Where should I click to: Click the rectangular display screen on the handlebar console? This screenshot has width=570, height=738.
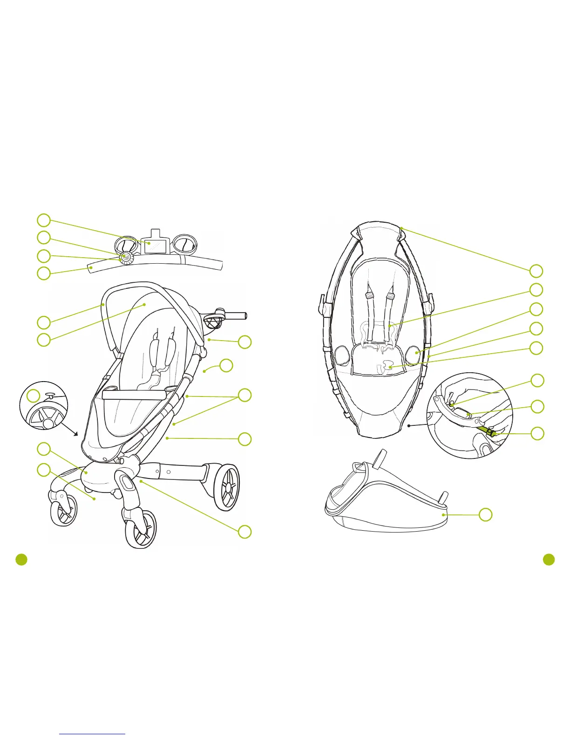coord(153,245)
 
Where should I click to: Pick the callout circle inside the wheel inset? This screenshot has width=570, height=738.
coord(33,396)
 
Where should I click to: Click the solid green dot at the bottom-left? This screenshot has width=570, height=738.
coord(21,560)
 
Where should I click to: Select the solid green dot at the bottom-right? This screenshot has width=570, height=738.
coord(549,560)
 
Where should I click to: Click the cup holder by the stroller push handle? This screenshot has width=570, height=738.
coord(212,322)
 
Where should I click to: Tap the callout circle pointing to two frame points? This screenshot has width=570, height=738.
coord(245,395)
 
